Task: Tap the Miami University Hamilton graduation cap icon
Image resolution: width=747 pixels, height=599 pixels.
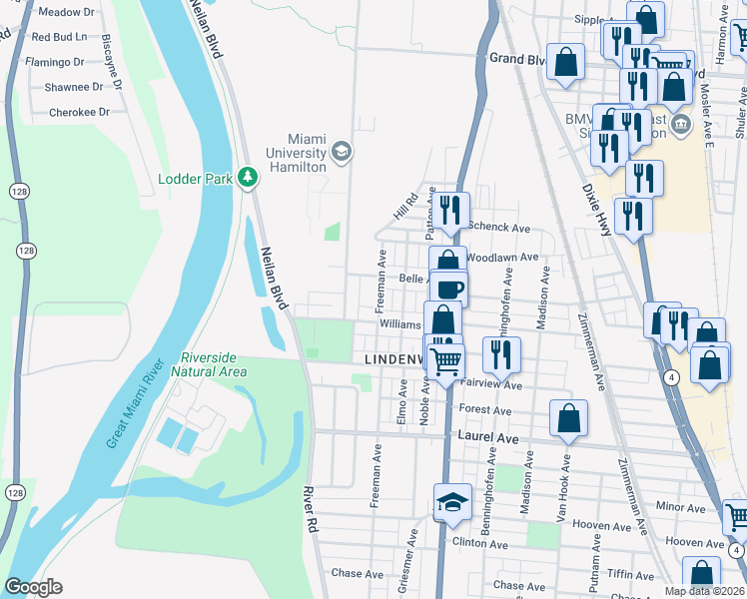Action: tap(341, 151)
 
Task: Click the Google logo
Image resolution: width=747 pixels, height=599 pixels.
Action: tap(33, 587)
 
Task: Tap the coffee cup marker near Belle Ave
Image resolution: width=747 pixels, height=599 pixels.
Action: tap(449, 290)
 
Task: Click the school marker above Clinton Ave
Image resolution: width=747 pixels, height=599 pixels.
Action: tap(452, 502)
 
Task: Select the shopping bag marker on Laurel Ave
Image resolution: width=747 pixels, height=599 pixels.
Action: tap(568, 421)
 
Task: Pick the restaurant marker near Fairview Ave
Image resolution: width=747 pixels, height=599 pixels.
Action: tap(501, 353)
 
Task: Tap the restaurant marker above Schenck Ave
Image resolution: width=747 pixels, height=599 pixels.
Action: tap(451, 210)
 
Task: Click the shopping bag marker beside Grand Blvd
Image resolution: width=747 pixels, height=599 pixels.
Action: tap(565, 61)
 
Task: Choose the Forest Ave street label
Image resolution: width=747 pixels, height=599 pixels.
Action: tap(485, 410)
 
